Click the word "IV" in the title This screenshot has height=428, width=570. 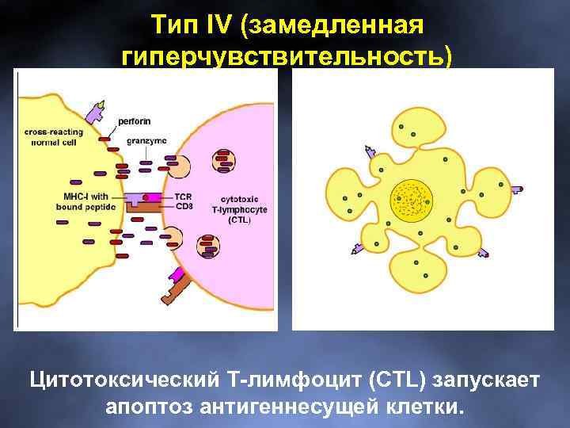coord(215,25)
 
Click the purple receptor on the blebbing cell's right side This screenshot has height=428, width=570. coord(516,189)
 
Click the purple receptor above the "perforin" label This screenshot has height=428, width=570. coord(97,111)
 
